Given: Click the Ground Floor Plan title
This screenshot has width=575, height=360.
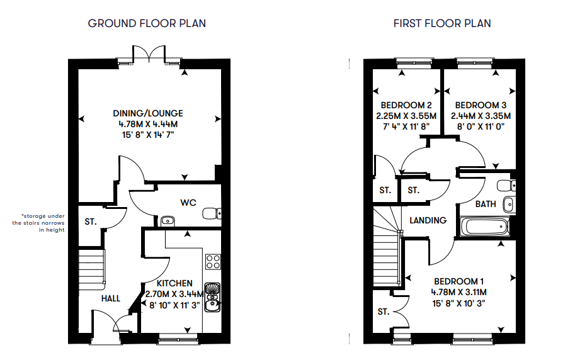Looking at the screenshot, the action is pyautogui.click(x=147, y=23).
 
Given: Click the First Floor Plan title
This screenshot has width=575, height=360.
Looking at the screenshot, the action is pyautogui.click(x=442, y=23).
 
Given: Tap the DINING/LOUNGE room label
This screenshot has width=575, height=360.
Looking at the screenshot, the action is pyautogui.click(x=148, y=113).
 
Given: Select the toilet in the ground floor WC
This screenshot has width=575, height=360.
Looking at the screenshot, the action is pyautogui.click(x=212, y=213).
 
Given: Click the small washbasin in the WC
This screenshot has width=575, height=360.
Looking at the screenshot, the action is pyautogui.click(x=168, y=221).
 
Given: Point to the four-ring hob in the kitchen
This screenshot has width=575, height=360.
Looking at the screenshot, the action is pyautogui.click(x=213, y=262).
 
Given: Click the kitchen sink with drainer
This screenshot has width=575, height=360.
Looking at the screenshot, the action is pyautogui.click(x=212, y=297).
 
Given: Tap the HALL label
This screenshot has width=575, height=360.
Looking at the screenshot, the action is pyautogui.click(x=111, y=298).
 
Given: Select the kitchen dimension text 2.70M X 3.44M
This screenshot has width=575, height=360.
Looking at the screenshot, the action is pyautogui.click(x=174, y=294).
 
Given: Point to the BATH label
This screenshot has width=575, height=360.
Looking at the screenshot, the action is pyautogui.click(x=486, y=204).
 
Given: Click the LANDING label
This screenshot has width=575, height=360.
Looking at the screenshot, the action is pyautogui.click(x=428, y=220).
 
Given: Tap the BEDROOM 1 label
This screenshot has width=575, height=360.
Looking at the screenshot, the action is pyautogui.click(x=458, y=281).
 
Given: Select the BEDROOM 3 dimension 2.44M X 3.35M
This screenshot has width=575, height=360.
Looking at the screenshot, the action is pyautogui.click(x=481, y=116).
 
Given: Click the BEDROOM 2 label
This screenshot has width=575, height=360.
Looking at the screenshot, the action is pyautogui.click(x=406, y=106).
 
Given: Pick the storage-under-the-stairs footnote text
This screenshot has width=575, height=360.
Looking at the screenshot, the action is pyautogui.click(x=38, y=223).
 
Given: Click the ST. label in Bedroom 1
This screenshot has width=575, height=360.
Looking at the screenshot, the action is pyautogui.click(x=383, y=312).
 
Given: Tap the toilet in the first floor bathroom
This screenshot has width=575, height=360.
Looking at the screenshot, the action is pyautogui.click(x=506, y=186).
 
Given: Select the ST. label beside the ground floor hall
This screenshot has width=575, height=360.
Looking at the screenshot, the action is pyautogui.click(x=91, y=222).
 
